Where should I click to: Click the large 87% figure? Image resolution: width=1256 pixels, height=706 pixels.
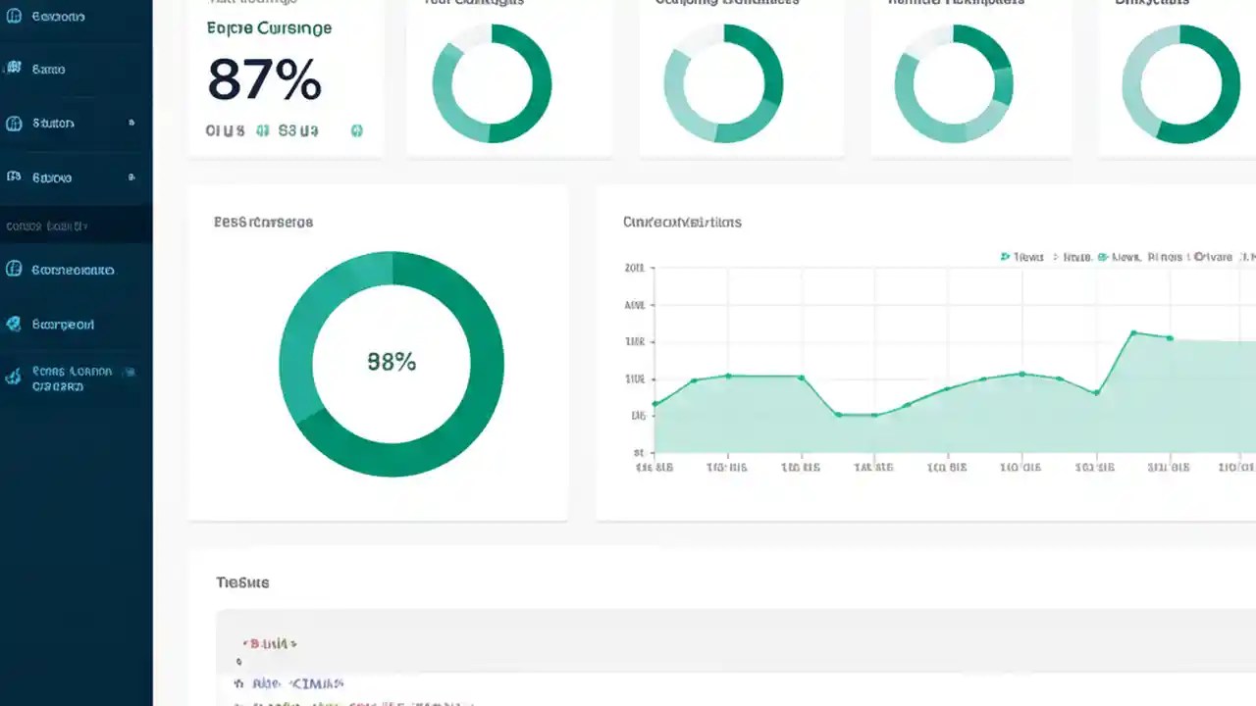coord(264,80)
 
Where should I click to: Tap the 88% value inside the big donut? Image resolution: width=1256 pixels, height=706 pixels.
coord(392,362)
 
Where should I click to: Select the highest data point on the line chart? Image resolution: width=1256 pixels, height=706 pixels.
coord(1133,333)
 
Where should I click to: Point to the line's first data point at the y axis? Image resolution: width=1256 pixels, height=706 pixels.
coord(655,403)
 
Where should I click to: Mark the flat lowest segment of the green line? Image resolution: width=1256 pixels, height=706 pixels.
coord(856,415)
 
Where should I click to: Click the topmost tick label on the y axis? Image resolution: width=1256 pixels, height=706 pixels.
coord(635,268)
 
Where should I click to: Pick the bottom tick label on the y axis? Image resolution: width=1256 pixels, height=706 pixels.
coord(639,453)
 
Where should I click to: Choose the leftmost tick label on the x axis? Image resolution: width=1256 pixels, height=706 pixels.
coord(654,468)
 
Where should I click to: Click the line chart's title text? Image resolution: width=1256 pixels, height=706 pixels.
coord(682,223)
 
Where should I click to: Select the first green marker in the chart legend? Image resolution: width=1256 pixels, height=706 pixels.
coord(1005,257)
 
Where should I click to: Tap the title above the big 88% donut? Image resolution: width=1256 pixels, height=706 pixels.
coord(263,223)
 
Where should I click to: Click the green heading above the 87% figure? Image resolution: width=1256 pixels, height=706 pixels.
coord(269,28)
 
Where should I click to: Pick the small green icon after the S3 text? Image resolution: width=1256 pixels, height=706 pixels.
coord(357,129)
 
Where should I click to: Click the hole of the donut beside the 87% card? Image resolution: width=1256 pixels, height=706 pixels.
coord(492,83)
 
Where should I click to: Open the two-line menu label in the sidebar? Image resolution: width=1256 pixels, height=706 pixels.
coord(71,378)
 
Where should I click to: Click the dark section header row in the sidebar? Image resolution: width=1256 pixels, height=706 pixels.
coord(76,226)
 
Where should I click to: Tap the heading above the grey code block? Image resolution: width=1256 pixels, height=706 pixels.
coord(242,582)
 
